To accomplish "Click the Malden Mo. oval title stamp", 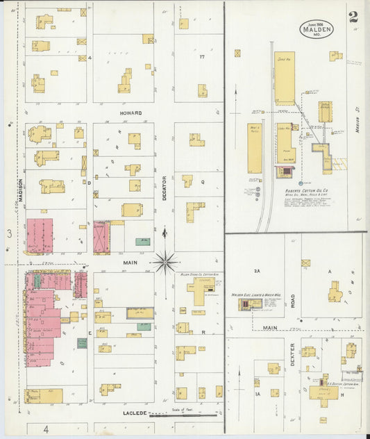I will click(x=317, y=28).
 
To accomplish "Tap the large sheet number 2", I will click(x=354, y=17).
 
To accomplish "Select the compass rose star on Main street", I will click(x=165, y=263).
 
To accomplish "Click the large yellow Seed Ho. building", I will click(x=284, y=78).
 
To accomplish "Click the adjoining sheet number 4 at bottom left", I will click(x=46, y=429).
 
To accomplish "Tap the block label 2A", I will click(x=256, y=271).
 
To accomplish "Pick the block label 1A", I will click(x=256, y=394).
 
